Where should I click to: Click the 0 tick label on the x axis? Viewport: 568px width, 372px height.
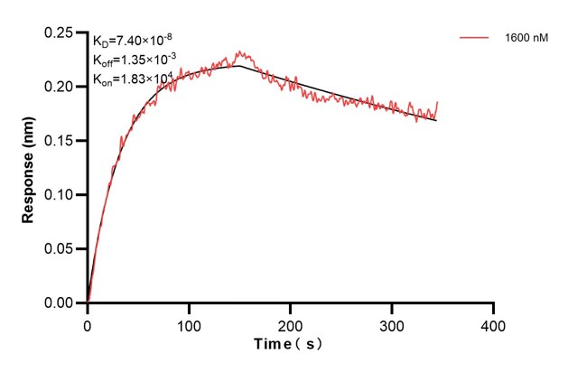click(88, 323)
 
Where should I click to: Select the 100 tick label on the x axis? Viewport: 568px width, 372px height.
click(189, 323)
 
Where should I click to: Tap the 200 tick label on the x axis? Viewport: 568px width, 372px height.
click(291, 323)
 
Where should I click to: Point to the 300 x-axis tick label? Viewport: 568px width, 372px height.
click(392, 323)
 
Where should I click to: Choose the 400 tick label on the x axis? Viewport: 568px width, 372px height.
click(493, 323)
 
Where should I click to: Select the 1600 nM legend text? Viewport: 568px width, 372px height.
click(526, 38)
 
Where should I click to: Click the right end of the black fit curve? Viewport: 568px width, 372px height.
click(437, 120)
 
